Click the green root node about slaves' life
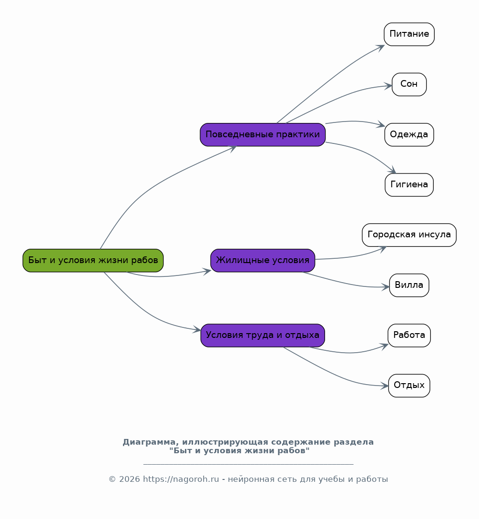pyautogui.click(x=93, y=261)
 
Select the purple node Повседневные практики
pyautogui.click(x=263, y=135)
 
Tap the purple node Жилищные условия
pyautogui.click(x=263, y=261)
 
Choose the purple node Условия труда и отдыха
pyautogui.click(x=263, y=336)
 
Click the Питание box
pyautogui.click(x=409, y=34)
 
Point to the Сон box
pyautogui.click(x=409, y=84)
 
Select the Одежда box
pyautogui.click(x=409, y=135)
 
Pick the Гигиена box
pyautogui.click(x=409, y=185)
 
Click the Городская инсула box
pyautogui.click(x=409, y=235)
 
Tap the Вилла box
pyautogui.click(x=409, y=285)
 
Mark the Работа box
pyautogui.click(x=409, y=336)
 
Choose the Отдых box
pyautogui.click(x=409, y=386)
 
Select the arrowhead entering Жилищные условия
pyautogui.click(x=207, y=272)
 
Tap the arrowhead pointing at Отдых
pyautogui.click(x=385, y=386)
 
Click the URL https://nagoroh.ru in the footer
pyautogui.click(x=181, y=479)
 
